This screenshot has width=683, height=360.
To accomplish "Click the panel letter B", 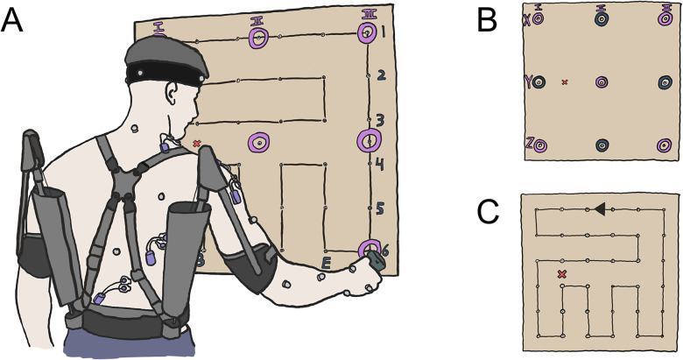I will coord(488,19).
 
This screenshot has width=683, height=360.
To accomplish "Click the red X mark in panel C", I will coord(562,275).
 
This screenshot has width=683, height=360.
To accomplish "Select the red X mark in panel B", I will coord(565,82).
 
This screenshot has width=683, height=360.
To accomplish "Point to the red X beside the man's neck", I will coord(196,144).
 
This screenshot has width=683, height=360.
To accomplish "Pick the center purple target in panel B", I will coord(602,81).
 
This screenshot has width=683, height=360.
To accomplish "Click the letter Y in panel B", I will coord(528,81).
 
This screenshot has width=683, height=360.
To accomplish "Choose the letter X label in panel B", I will coord(526,21).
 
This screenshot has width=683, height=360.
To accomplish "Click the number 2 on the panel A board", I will coord(382,75).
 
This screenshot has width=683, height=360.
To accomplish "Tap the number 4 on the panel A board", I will coord(381,164).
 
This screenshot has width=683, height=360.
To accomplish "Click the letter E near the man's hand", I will coord(327,262).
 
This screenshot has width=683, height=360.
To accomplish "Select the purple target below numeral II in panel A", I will coord(260,38).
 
